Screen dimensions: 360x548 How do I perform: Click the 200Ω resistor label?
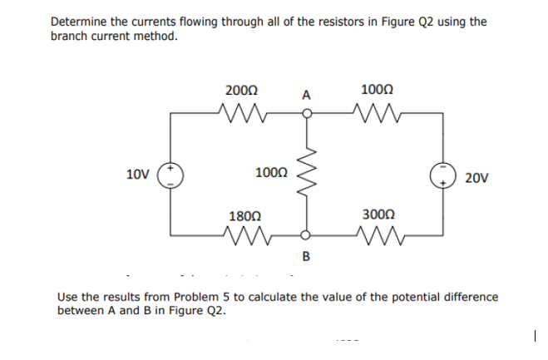241,90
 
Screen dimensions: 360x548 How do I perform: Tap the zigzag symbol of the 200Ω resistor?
241,112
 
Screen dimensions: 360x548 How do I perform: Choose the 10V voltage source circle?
172,175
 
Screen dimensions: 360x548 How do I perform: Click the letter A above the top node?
306,96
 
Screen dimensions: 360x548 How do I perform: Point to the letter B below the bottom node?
305,256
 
